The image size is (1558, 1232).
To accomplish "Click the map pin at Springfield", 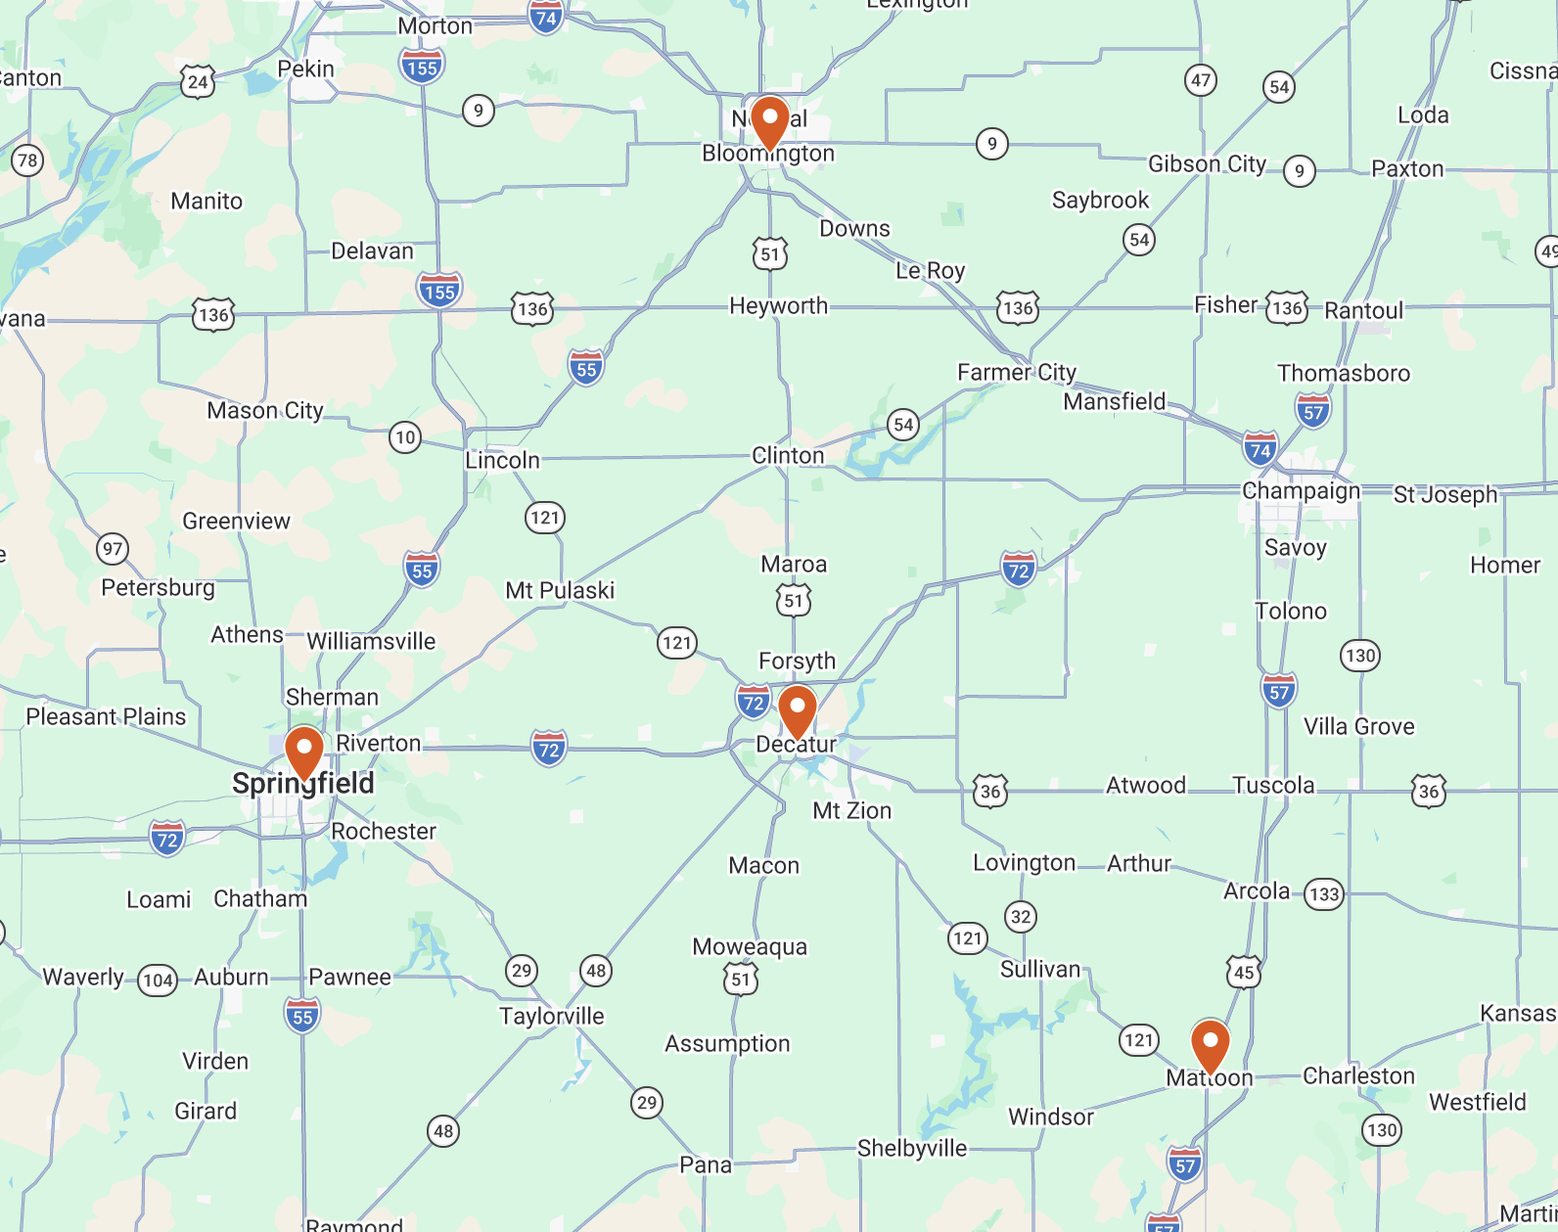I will pyautogui.click(x=304, y=752).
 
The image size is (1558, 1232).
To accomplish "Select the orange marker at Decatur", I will pyautogui.click(x=798, y=710).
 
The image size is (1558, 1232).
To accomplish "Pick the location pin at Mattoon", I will pyautogui.click(x=1211, y=1045).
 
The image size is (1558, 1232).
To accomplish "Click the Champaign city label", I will pyautogui.click(x=1301, y=490).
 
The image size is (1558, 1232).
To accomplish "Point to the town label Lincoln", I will pyautogui.click(x=502, y=460).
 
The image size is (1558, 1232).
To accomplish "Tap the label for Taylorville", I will pyautogui.click(x=552, y=1016).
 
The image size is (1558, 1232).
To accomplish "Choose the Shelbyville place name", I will pyautogui.click(x=912, y=1148).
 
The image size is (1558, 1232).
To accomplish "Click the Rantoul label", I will pyautogui.click(x=1363, y=310).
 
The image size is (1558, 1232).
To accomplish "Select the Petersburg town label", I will pyautogui.click(x=158, y=587).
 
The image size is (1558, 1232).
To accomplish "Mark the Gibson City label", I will pyautogui.click(x=1207, y=163).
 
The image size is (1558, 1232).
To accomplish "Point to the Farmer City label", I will pyautogui.click(x=1016, y=372).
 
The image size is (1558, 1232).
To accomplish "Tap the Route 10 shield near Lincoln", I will pyautogui.click(x=405, y=436).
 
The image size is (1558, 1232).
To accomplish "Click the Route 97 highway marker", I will pyautogui.click(x=113, y=548).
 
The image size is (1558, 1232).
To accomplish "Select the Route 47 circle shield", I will pyautogui.click(x=1201, y=80).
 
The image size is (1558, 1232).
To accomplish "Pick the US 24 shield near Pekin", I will pyautogui.click(x=198, y=82).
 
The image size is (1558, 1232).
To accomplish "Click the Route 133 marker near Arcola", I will pyautogui.click(x=1324, y=893).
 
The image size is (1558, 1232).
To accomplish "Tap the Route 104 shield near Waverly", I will pyautogui.click(x=158, y=980).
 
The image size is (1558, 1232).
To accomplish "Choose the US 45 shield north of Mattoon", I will pyautogui.click(x=1244, y=972).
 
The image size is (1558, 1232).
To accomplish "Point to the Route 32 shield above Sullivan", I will pyautogui.click(x=1021, y=917).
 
